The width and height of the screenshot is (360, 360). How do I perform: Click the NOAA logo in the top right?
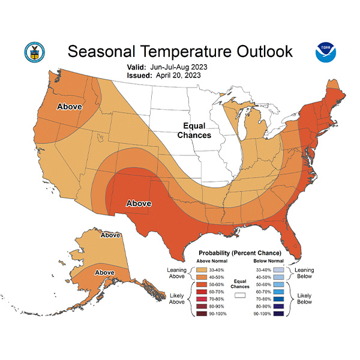(326, 53)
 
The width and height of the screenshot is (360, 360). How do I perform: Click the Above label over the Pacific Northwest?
(69, 106)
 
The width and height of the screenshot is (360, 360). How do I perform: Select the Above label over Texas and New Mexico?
(138, 204)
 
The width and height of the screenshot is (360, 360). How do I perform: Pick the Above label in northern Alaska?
(110, 235)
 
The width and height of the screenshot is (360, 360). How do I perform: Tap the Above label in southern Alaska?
(105, 272)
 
